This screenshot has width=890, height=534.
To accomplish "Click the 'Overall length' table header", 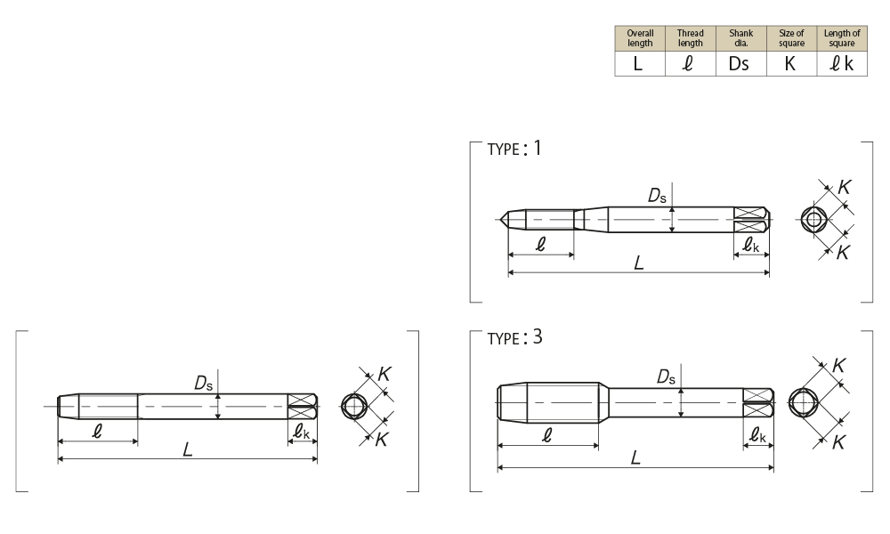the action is [640, 38].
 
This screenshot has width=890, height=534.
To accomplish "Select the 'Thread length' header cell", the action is [691, 38].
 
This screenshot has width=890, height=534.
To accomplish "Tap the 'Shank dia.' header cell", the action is [740, 38].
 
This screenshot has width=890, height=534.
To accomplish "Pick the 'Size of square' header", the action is [791, 38].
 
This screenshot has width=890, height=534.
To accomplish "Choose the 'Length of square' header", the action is [842, 38].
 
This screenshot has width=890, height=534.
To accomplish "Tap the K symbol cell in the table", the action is [790, 63].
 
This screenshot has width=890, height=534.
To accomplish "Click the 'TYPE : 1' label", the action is [514, 148].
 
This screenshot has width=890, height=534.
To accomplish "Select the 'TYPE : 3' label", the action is [514, 337].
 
